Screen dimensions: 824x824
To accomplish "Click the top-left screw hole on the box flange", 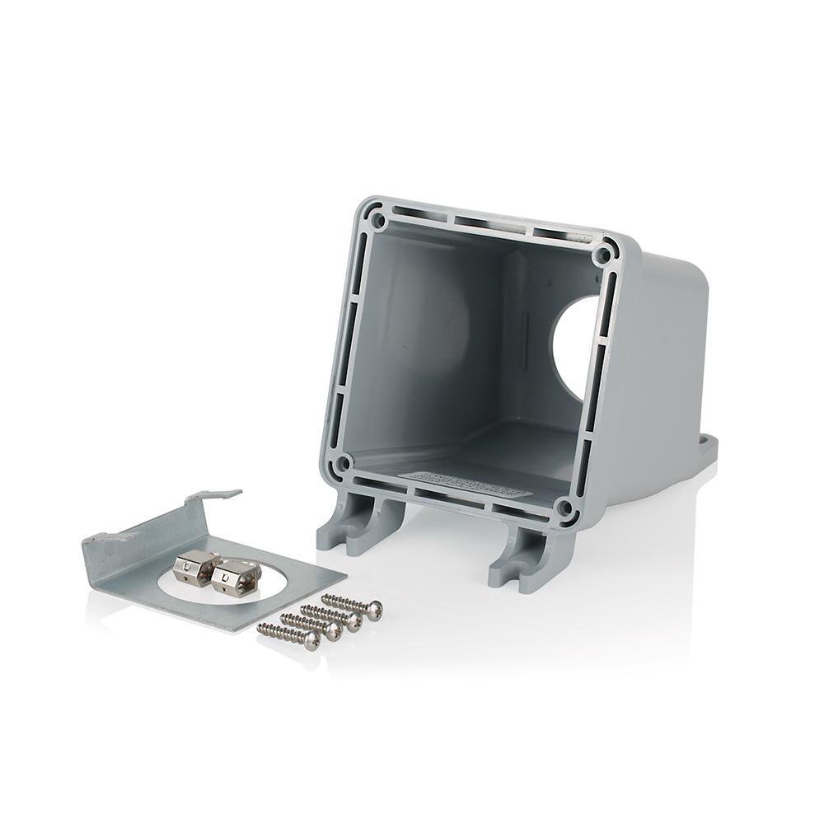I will click(377, 220).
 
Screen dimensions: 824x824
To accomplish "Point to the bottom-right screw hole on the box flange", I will click(564, 508).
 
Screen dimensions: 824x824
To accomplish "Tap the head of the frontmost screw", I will click(311, 640).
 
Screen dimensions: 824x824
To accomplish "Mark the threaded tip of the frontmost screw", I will click(262, 629).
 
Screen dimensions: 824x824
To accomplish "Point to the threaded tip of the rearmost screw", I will click(325, 597).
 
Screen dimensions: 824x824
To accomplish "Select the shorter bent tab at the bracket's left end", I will click(102, 540).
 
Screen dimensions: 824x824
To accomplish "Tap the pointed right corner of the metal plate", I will click(344, 574).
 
